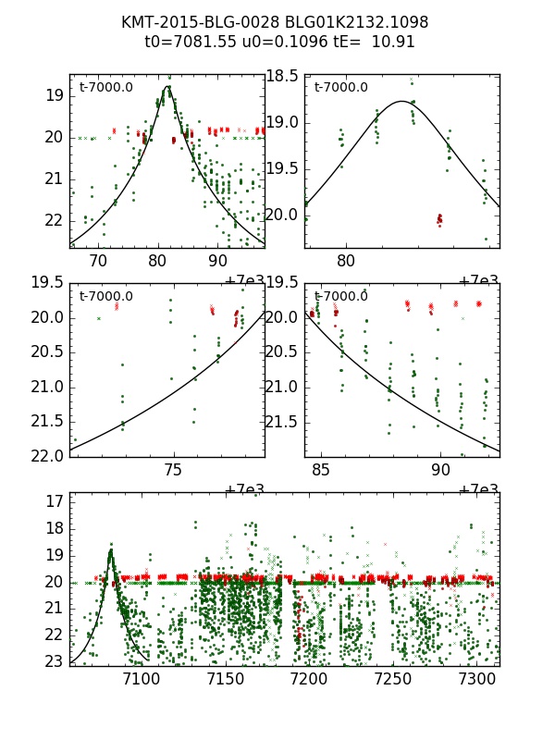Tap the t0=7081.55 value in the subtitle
tap(189, 42)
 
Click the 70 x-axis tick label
tap(98, 260)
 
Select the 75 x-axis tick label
tap(173, 470)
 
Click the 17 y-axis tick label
tap(54, 501)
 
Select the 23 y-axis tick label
tap(54, 660)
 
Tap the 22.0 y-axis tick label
tap(48, 455)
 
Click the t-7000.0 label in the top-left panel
tap(106, 88)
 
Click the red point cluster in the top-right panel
tap(439, 219)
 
